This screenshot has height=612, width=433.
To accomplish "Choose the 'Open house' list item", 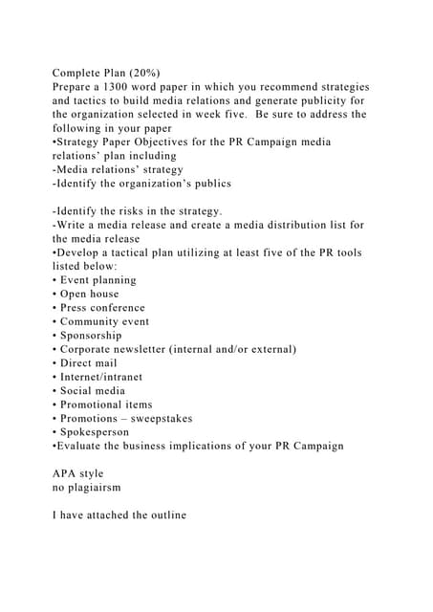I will (92, 294).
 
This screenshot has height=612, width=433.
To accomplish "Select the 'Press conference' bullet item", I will (102, 308).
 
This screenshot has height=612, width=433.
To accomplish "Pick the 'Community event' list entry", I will (104, 321).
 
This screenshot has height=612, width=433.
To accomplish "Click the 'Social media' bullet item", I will (92, 390).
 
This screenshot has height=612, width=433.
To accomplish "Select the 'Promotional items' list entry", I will (105, 404).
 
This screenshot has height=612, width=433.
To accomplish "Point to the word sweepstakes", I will (161, 418).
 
